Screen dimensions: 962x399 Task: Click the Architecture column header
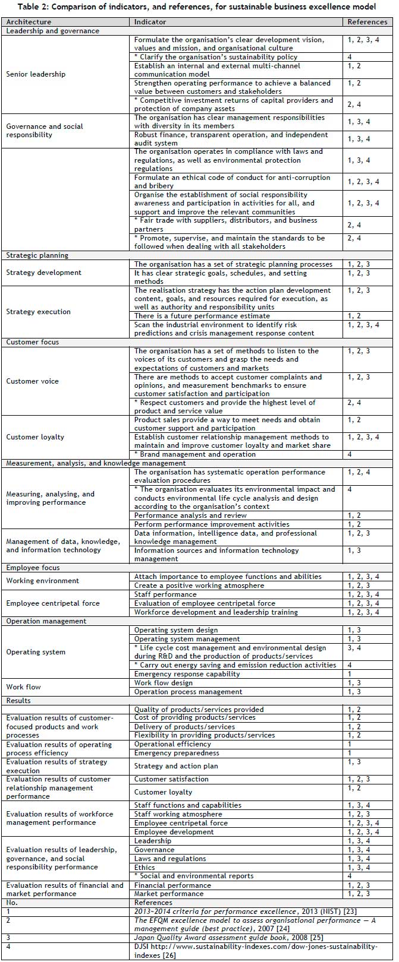tap(29, 22)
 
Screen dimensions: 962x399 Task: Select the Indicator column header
tap(150, 22)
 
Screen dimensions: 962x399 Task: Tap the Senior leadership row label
tap(36, 74)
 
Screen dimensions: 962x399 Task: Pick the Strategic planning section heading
tap(37, 255)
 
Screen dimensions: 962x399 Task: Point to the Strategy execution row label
tap(38, 312)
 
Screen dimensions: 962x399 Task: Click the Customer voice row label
tap(32, 381)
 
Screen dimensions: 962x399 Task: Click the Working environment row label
tap(42, 581)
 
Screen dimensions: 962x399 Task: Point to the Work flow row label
tap(23, 687)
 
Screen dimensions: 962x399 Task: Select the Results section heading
tap(18, 701)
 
